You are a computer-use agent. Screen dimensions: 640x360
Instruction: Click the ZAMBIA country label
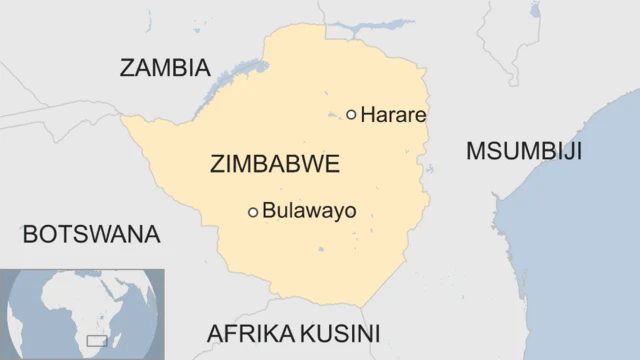click(165, 68)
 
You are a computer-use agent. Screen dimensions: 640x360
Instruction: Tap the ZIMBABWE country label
click(275, 164)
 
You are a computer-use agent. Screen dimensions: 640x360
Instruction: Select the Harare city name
click(393, 115)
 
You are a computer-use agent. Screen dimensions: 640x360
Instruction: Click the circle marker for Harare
click(351, 115)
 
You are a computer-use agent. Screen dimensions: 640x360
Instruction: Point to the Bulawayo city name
click(309, 211)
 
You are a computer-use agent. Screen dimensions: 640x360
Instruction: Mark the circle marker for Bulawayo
click(253, 211)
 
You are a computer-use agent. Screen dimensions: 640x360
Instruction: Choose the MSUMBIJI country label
click(524, 151)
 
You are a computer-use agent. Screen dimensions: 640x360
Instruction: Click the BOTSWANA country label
click(91, 234)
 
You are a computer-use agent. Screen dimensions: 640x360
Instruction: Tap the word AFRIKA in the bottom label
click(245, 333)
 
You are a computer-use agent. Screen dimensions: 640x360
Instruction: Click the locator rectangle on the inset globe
click(97, 341)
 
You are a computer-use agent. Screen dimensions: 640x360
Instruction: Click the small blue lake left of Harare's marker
click(332, 117)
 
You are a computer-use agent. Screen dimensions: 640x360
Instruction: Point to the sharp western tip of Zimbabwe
click(122, 117)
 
